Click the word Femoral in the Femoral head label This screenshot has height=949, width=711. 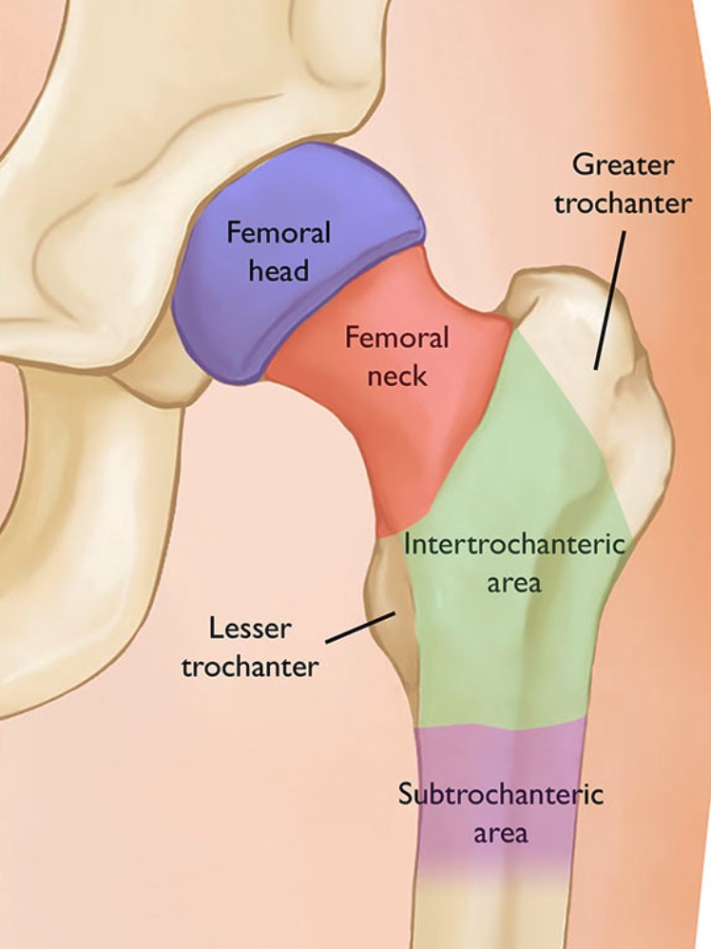coord(279,233)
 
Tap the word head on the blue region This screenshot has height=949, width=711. coord(279,270)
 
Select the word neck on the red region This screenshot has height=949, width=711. coord(396,375)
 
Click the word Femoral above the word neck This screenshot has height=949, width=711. coord(396,338)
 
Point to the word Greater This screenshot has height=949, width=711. coord(623,165)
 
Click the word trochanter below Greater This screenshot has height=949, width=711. coord(623,203)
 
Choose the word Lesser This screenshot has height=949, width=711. coord(251,629)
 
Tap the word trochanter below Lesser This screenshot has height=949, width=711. coord(250,667)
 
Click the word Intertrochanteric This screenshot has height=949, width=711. coord(514,545)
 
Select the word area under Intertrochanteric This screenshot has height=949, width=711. coord(514,582)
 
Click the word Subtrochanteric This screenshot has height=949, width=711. coord(501,794)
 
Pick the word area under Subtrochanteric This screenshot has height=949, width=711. coord(501,833)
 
